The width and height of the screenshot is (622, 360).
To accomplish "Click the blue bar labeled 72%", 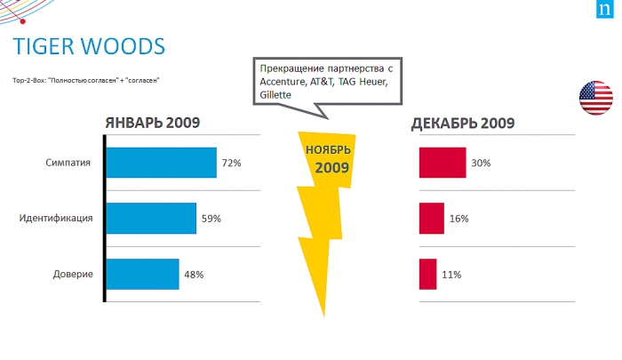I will point(161,163).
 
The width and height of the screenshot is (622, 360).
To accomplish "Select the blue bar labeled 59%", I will point(151,218).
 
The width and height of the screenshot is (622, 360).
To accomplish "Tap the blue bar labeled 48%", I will point(142,274).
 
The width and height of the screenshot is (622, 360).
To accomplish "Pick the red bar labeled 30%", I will point(443,163).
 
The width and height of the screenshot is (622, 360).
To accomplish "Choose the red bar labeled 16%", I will point(432,218).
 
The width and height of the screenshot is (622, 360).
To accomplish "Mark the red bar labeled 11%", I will point(428,274).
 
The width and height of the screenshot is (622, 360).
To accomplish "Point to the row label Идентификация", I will point(56,219).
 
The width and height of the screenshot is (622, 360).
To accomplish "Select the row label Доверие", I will point(73,275).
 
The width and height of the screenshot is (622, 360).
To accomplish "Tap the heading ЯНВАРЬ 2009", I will point(152,123).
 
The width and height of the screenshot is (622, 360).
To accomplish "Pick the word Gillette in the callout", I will point(274,95).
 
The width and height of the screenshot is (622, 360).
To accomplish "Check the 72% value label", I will point(233,164).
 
